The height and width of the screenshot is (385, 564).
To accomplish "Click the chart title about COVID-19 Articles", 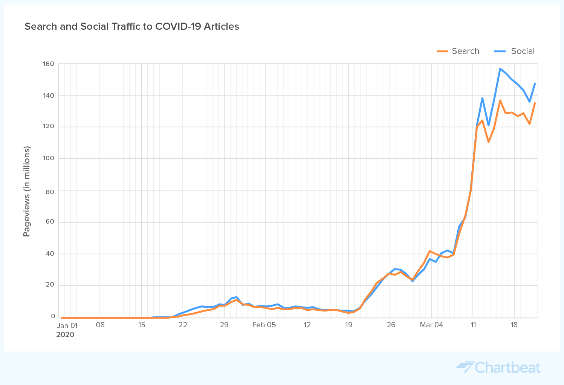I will [132, 26].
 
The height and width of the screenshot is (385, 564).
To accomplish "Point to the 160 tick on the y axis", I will [50, 64].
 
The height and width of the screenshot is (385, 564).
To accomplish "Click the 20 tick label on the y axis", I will [50, 285].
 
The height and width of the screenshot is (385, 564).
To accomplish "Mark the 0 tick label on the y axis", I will [53, 316].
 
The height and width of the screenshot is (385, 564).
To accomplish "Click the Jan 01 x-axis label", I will [67, 325].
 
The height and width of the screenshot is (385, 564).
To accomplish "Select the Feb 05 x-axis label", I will [264, 325].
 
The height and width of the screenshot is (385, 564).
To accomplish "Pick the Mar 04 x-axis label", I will [431, 325].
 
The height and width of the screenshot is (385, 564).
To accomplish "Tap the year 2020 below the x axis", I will [65, 335].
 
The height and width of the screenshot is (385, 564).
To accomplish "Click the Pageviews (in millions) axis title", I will [26, 191].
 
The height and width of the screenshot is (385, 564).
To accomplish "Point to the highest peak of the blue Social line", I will [500, 69].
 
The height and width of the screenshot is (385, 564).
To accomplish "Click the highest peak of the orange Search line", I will [500, 100].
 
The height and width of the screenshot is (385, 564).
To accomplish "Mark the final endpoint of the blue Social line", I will [535, 83].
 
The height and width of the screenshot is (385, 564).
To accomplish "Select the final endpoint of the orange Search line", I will [535, 103].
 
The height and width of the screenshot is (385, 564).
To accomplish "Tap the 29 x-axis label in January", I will [224, 325].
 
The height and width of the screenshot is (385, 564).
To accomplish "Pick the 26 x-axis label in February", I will [391, 325].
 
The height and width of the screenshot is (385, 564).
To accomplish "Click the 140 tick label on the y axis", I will [50, 95].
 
